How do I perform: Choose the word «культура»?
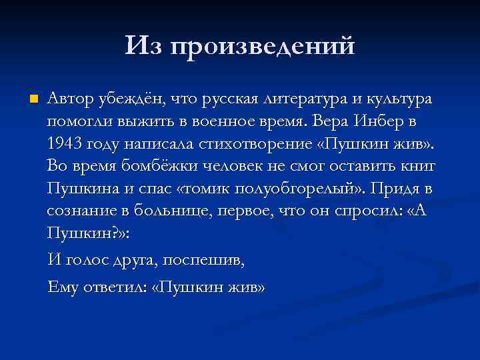pos(397,100)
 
